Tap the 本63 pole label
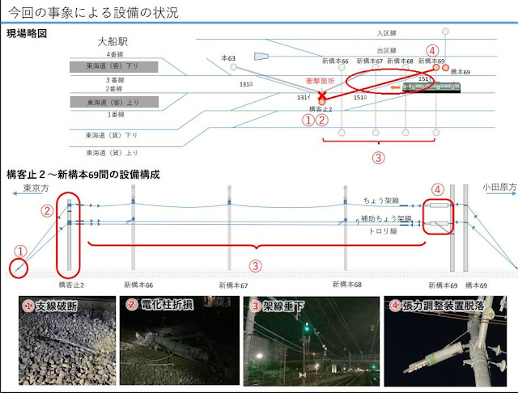pyautogui.click(x=228, y=58)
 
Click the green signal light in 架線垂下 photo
pyautogui.click(x=307, y=328)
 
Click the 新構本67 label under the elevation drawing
pyautogui.click(x=235, y=285)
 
